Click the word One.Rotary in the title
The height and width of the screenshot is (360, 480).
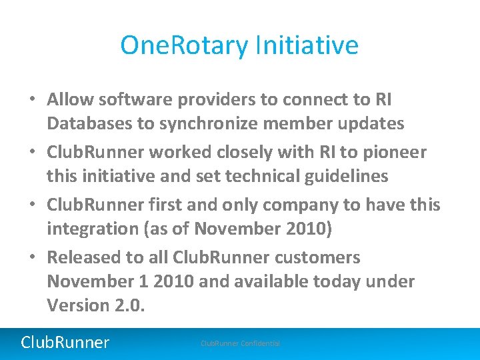click(183, 45)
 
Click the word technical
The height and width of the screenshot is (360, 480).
click(255, 176)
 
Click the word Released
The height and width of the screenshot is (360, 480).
click(83, 257)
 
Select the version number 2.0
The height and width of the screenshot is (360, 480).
click(133, 305)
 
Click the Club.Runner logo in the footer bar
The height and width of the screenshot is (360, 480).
click(65, 343)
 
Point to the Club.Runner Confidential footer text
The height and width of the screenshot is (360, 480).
click(240, 343)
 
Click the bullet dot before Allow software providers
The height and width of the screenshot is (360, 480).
click(32, 100)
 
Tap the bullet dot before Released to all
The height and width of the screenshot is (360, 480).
click(32, 258)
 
